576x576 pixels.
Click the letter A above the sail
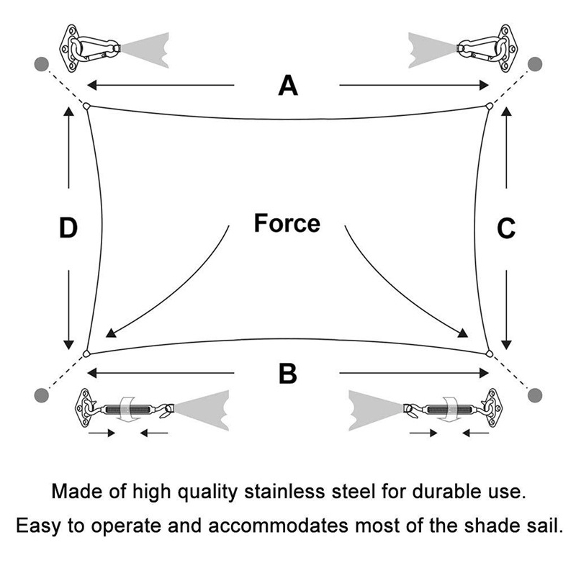[x=287, y=85]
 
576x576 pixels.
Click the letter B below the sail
[x=287, y=373]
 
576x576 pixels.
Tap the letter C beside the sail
[x=506, y=228]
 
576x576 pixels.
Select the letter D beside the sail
[x=68, y=228]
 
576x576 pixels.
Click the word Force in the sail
[x=287, y=223]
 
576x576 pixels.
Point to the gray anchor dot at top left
[x=42, y=64]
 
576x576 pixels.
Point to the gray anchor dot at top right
[x=535, y=64]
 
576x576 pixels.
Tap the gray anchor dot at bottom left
[x=42, y=395]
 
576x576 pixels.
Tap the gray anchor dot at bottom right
[x=535, y=395]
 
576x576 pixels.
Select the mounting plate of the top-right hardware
[x=506, y=48]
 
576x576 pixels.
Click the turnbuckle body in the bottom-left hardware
[x=127, y=409]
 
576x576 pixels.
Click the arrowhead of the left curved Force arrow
[x=110, y=333]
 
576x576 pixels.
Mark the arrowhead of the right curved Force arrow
[x=463, y=333]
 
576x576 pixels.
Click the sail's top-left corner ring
[x=86, y=106]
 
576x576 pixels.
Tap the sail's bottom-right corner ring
[x=489, y=354]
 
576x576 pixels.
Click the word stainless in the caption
[x=284, y=491]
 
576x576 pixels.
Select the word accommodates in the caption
[x=278, y=526]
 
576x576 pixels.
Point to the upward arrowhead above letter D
[x=68, y=111]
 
